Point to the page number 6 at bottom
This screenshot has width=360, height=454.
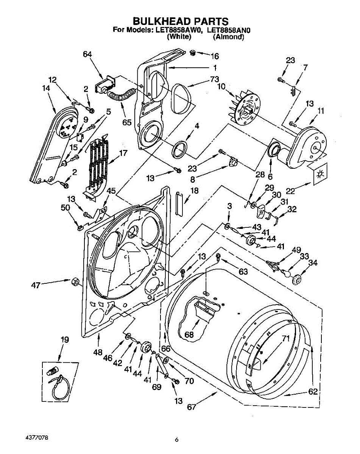(x=176, y=440)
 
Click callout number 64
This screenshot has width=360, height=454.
(x=87, y=54)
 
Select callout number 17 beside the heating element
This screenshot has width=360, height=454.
(x=123, y=153)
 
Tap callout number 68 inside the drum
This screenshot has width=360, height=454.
(x=189, y=335)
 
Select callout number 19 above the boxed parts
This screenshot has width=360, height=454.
(x=65, y=339)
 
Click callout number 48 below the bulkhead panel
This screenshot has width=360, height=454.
(x=98, y=352)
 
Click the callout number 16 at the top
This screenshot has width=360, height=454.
(x=214, y=56)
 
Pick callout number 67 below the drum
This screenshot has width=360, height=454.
(x=192, y=407)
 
